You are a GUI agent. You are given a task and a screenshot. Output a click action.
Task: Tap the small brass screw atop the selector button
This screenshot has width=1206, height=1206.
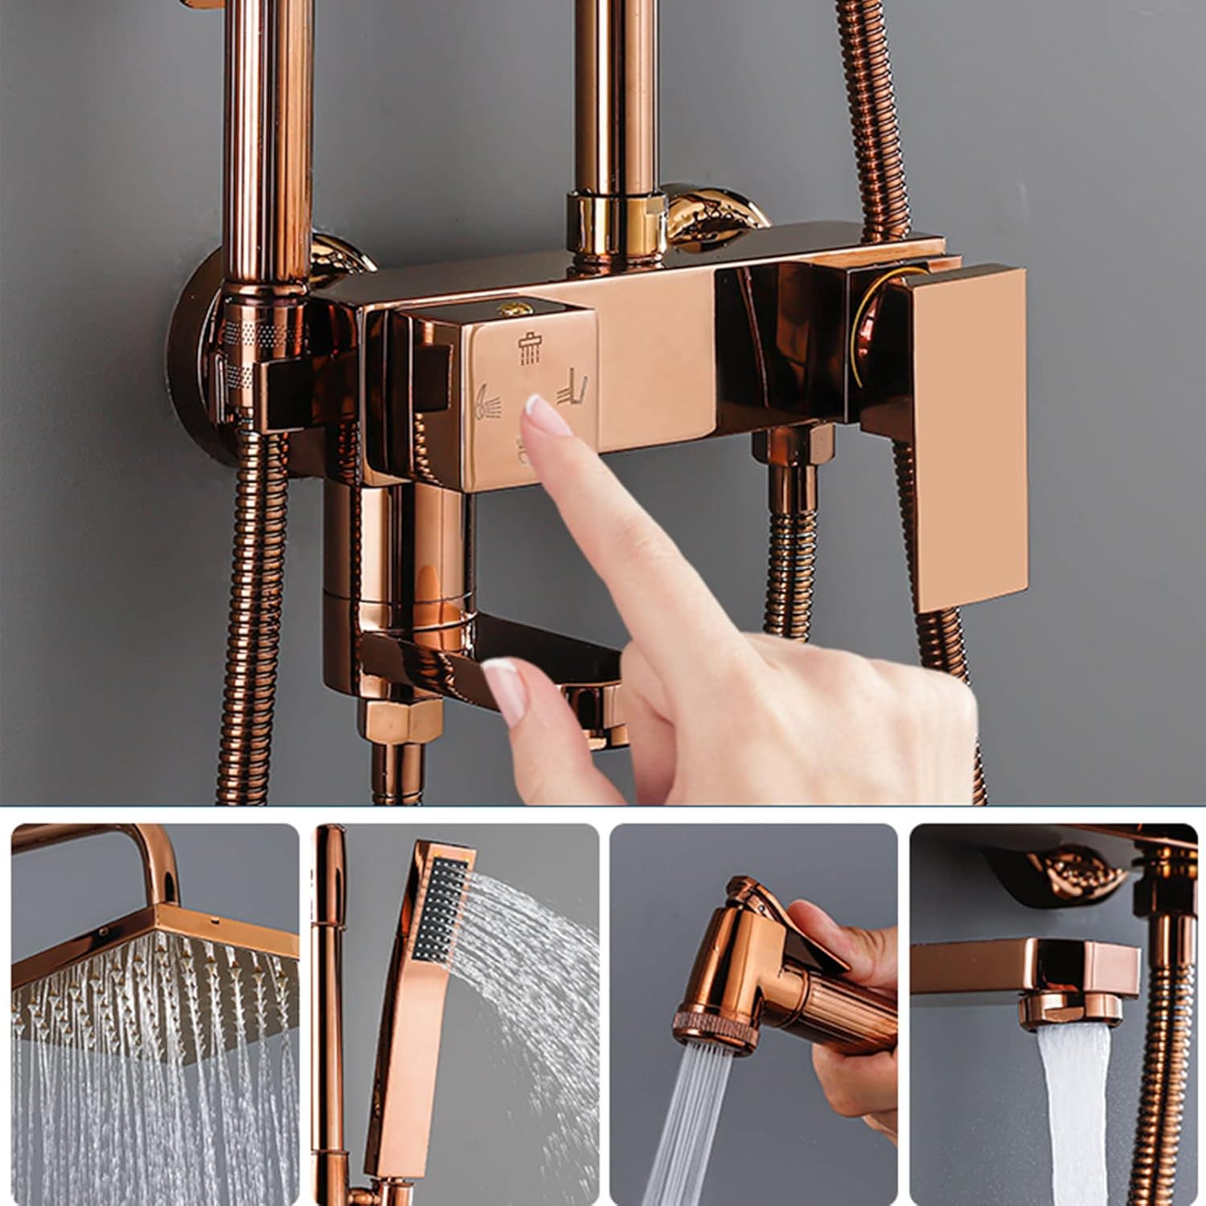(508, 308)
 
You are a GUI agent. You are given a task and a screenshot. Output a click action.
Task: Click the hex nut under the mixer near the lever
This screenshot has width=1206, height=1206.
(792, 445)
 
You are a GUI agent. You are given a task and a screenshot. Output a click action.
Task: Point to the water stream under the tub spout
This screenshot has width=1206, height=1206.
(1073, 1118)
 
